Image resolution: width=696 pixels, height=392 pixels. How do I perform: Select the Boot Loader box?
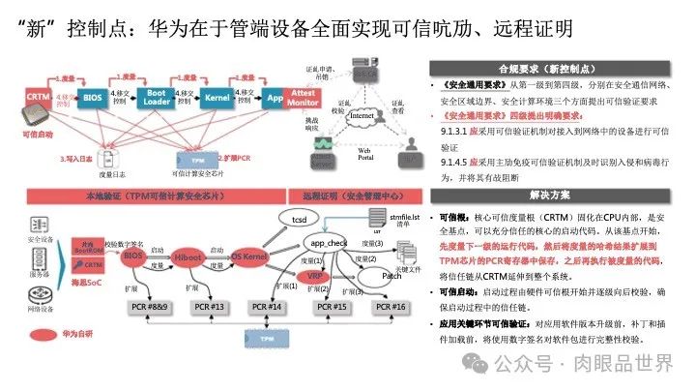tap(155, 98)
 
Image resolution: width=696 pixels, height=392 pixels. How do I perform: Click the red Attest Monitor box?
tap(302, 97)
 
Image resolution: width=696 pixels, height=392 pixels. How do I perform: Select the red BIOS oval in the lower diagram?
tap(132, 256)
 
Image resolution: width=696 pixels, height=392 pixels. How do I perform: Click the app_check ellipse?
tap(329, 242)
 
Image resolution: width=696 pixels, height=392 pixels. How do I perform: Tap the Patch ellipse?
tap(391, 275)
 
